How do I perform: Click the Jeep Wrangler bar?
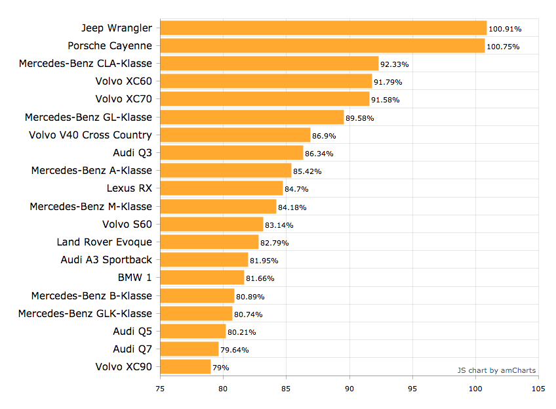[x=323, y=28]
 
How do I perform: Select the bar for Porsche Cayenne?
[x=323, y=45]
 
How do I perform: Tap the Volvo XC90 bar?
[x=186, y=366]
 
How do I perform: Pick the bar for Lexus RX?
[x=222, y=188]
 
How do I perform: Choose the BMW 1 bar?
[x=202, y=277]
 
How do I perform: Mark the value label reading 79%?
[x=221, y=368]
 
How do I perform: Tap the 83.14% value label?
[x=279, y=225]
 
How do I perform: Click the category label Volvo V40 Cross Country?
[x=90, y=135]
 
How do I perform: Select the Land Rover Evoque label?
[x=104, y=242]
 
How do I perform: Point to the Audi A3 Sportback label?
[x=106, y=259]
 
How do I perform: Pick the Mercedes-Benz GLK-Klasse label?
[x=85, y=313]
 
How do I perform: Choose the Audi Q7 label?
[x=132, y=349]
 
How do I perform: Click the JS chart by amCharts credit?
[x=496, y=370]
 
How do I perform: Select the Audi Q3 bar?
[x=231, y=153]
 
